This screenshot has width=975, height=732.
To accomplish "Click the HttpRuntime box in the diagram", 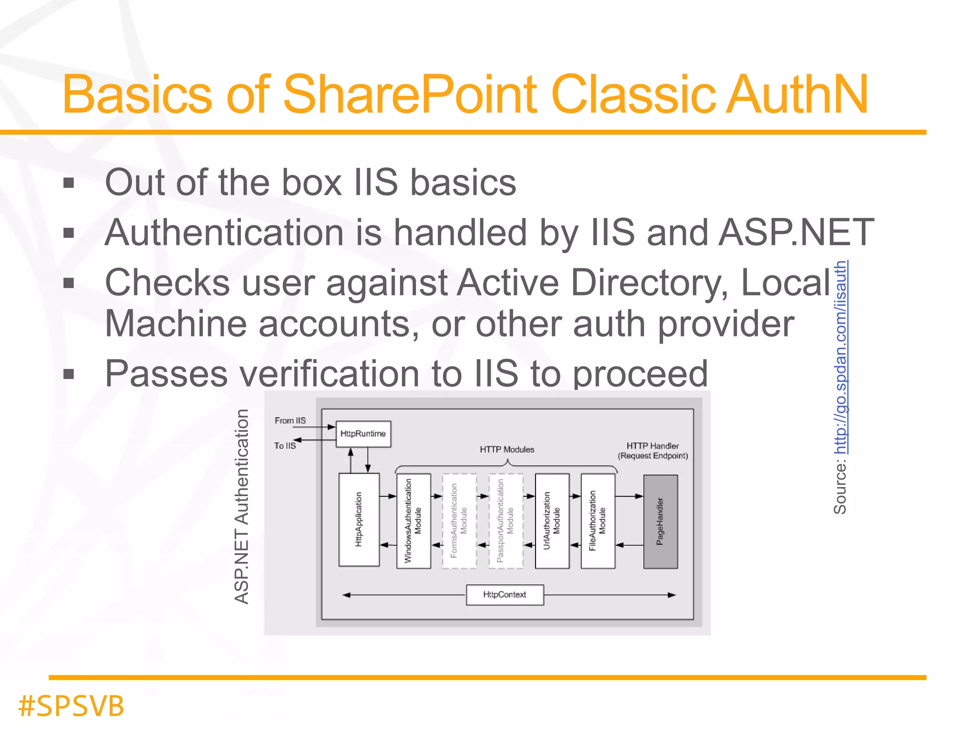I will tap(363, 434).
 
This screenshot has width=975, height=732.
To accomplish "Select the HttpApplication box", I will tap(359, 519).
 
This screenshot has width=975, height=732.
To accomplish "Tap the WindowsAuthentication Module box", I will tap(413, 520).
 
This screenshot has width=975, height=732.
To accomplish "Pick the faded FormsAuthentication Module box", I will tap(459, 520).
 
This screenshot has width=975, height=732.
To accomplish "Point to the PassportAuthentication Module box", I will tap(506, 520).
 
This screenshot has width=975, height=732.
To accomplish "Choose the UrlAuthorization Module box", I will tap(552, 520).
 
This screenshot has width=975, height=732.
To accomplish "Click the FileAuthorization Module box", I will tap(598, 520).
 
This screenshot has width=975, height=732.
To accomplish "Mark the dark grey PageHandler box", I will tap(660, 521).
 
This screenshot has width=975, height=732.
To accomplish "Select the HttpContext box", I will tap(505, 595).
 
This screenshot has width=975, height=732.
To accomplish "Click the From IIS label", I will tap(290, 420).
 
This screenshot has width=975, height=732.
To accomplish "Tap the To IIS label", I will tap(285, 446).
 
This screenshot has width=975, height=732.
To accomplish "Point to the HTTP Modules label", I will tap(507, 449).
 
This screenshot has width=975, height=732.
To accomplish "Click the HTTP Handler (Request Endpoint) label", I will tap(653, 451).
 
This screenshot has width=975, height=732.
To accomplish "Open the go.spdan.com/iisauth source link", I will tap(841, 357).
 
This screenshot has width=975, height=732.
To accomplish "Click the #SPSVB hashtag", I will tap(71, 706).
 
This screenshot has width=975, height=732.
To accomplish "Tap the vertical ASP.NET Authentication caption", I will tap(242, 506).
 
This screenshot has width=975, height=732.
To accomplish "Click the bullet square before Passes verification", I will tap(69, 374).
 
